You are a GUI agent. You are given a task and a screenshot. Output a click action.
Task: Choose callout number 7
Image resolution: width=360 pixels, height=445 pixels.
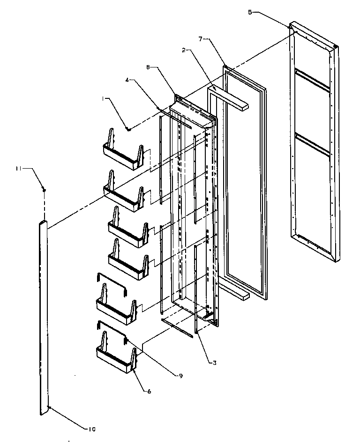pos(200,39)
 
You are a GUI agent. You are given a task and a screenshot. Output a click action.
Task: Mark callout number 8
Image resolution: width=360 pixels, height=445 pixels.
pos(149,67)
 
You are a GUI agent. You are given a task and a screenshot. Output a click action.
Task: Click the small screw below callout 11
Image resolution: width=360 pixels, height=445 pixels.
pos(44,190)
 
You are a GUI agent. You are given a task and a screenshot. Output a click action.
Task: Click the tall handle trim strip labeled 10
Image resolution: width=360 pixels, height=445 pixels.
pos(43,319)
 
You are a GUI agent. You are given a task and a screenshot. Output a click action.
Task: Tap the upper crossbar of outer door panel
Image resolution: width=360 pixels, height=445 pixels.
pos(311,80)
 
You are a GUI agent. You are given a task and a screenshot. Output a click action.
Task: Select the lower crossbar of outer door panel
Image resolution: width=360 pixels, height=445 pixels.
pos(311,143)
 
